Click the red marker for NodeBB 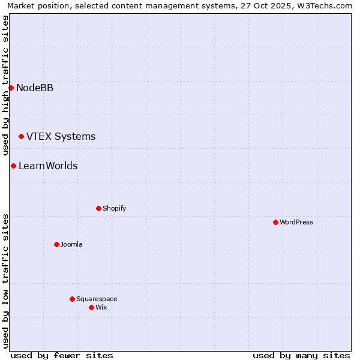click(11, 88)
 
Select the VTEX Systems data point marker click(21, 137)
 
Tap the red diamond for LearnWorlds click(13, 166)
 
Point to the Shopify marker click(98, 208)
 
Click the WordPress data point click(275, 222)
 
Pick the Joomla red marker click(56, 244)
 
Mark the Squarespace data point click(72, 299)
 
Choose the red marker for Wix click(91, 307)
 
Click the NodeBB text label click(35, 88)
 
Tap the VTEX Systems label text click(61, 137)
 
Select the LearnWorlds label click(48, 166)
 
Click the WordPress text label click(296, 223)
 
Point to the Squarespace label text click(97, 299)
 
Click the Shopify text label click(114, 209)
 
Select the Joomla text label click(71, 245)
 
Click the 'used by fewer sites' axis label click(62, 355)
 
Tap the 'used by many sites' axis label click(301, 355)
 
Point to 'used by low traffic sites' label click(5, 281)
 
